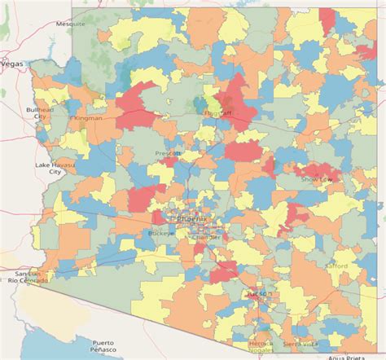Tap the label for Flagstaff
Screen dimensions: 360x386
pyautogui.click(x=215, y=114)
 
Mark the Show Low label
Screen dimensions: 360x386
pyautogui.click(x=317, y=178)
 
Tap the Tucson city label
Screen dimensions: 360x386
pyautogui.click(x=259, y=292)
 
